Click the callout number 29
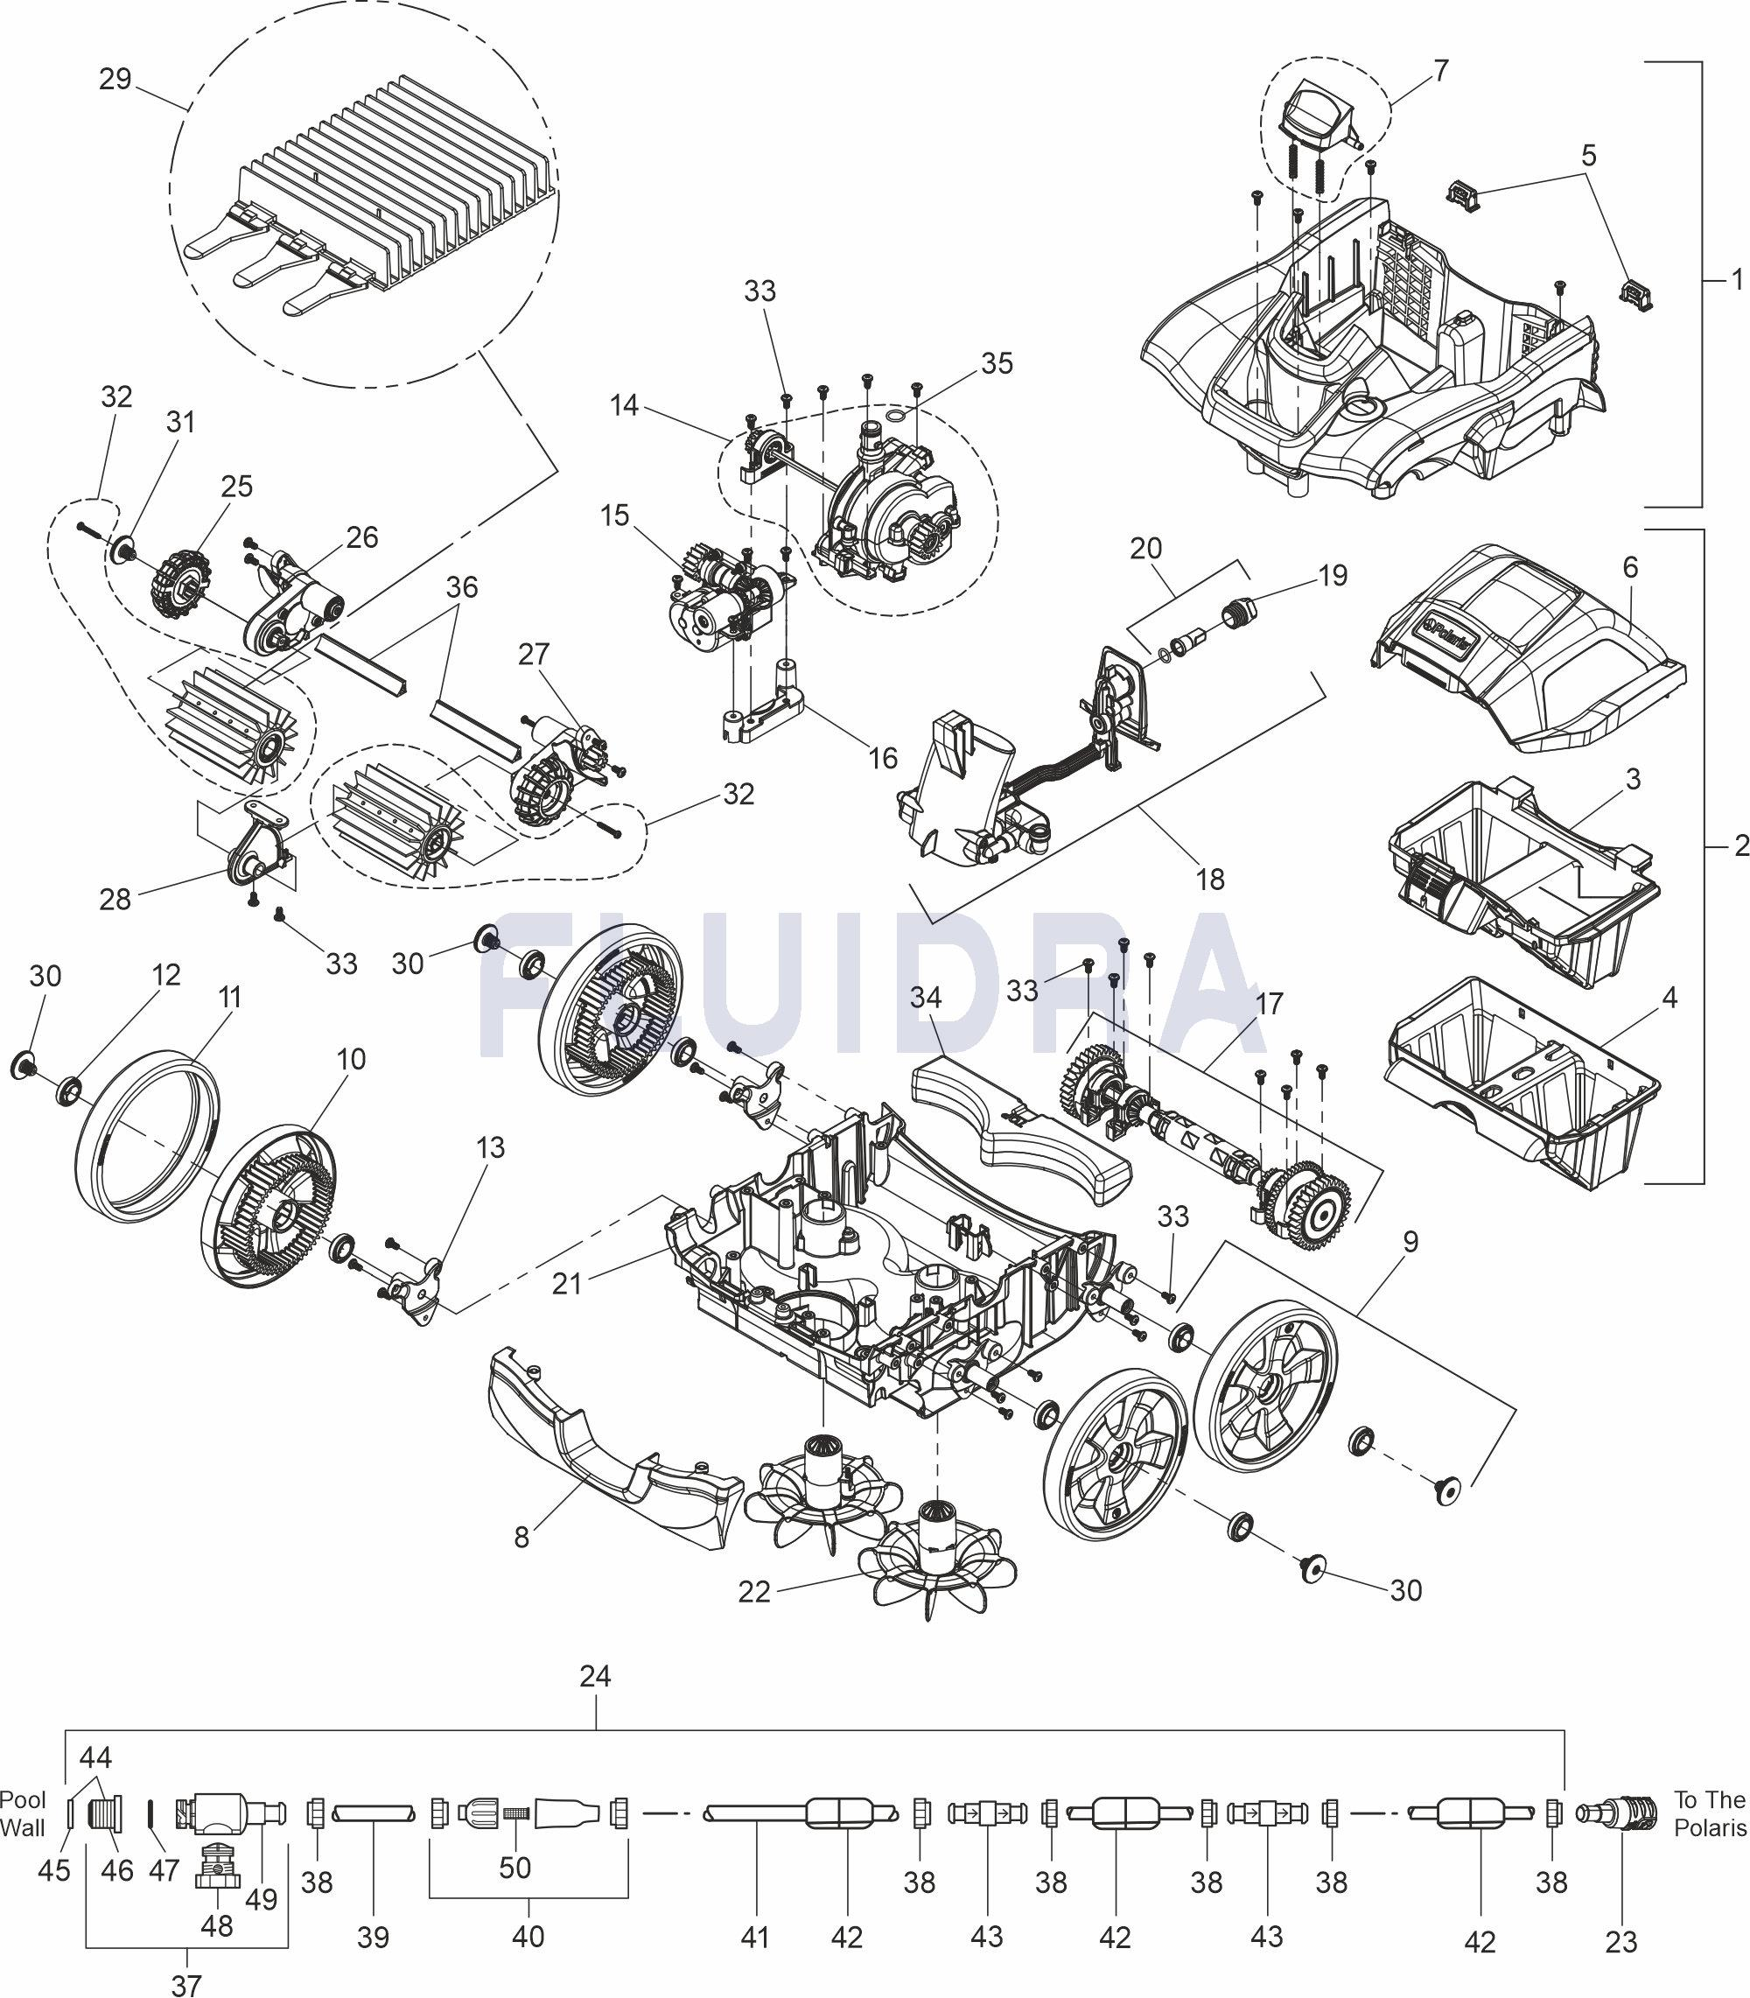coord(115,79)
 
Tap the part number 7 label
coord(1440,70)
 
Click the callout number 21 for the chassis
coord(566,1283)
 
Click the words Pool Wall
coord(23,1814)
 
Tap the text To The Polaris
coord(1709,1813)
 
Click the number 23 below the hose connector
coord(1621,1942)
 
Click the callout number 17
coord(1270,1003)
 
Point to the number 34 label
coord(926,997)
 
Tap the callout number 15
coord(614,515)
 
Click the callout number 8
coord(521,1537)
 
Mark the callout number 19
coord(1332,575)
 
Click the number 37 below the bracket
coord(186,1983)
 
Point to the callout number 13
coord(490,1147)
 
